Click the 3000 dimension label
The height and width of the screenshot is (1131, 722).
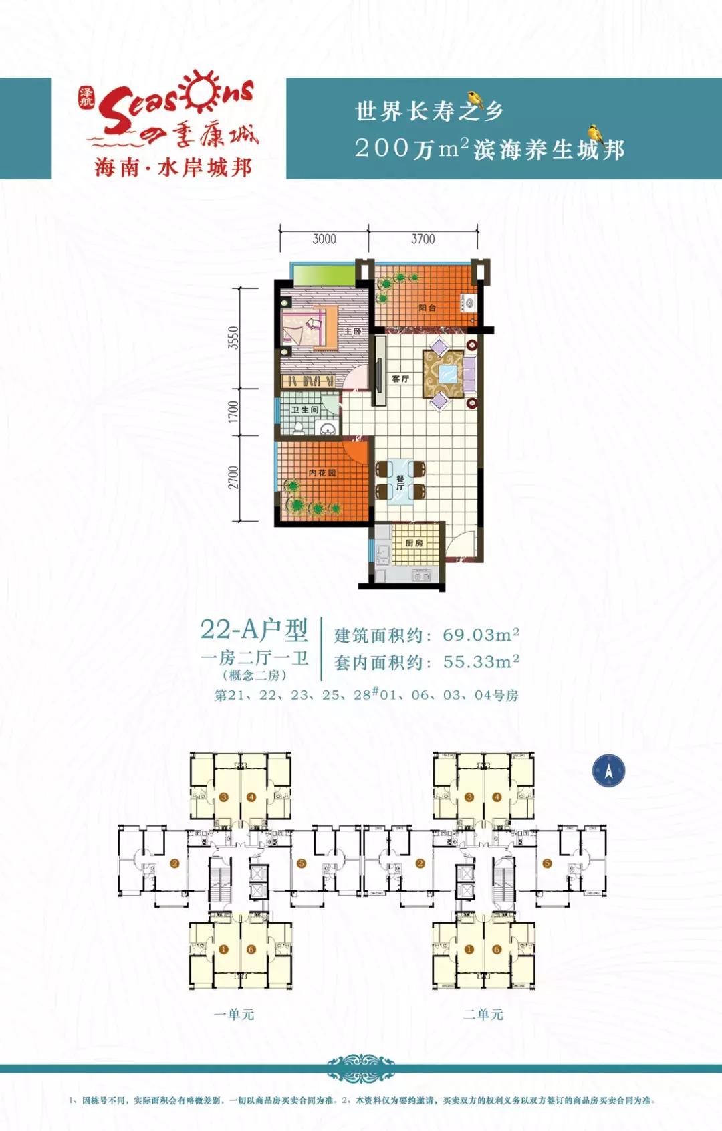(324, 239)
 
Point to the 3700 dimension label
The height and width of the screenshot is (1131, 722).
(423, 239)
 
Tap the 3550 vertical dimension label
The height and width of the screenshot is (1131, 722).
(233, 338)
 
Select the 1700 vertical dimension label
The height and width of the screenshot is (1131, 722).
(233, 411)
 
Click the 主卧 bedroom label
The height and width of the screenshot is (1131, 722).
(352, 331)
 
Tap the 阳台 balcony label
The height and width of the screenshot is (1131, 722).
(427, 308)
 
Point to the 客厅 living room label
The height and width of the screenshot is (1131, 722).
(400, 379)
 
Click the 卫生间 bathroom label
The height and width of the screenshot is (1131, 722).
(305, 409)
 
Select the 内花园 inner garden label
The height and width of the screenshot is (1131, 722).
(322, 472)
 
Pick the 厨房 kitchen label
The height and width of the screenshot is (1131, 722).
(414, 542)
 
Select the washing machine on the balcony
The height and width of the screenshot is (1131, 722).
(469, 304)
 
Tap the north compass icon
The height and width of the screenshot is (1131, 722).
(608, 770)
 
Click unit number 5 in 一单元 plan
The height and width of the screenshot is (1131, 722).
(302, 863)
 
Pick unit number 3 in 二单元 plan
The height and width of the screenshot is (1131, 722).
(469, 797)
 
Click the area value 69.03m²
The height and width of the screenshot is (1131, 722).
(481, 634)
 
